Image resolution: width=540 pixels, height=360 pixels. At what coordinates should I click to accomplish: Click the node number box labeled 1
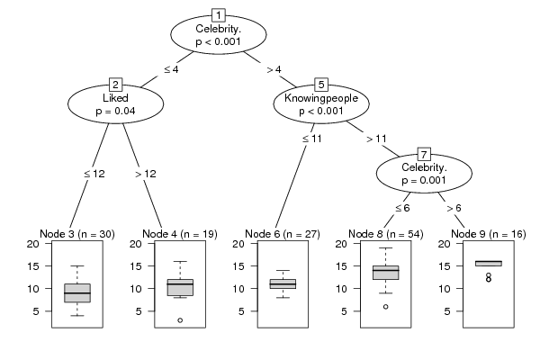[x=219, y=15]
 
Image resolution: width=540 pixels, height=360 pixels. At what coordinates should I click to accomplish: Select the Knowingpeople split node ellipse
[x=321, y=103]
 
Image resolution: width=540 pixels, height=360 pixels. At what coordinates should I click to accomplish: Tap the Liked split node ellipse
[x=116, y=103]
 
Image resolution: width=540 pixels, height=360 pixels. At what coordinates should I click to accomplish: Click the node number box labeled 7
[x=424, y=154]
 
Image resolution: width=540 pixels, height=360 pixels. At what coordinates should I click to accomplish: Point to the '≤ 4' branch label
[x=171, y=69]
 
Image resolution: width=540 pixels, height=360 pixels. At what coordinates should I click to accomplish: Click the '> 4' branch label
[x=274, y=69]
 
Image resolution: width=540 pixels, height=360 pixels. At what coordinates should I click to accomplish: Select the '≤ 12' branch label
[x=94, y=174]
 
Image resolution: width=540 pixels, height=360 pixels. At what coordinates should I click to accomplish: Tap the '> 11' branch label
[x=376, y=139]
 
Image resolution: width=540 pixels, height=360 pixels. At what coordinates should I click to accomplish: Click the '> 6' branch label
[x=454, y=208]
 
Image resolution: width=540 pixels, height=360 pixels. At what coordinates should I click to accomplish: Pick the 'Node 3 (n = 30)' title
[x=77, y=234]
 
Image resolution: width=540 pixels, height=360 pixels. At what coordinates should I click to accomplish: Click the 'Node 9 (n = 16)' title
[x=489, y=234]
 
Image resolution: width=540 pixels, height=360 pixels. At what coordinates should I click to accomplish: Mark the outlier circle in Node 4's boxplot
[x=180, y=320]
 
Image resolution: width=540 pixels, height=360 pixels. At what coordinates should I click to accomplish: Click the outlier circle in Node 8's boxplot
[x=386, y=307]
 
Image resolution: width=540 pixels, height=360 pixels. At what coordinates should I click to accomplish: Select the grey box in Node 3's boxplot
[x=77, y=293]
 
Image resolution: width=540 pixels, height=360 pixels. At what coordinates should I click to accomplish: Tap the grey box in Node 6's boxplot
[x=283, y=283]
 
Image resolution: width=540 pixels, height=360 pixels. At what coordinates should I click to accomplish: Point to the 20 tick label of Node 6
[x=238, y=244]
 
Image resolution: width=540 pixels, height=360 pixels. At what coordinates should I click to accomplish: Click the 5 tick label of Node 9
[x=447, y=311]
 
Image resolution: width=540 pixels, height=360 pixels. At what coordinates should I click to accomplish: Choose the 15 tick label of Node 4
[x=136, y=266]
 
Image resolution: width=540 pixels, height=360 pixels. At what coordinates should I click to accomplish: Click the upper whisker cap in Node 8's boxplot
[x=386, y=248]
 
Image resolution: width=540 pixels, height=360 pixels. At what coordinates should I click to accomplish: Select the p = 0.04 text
[x=115, y=111]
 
